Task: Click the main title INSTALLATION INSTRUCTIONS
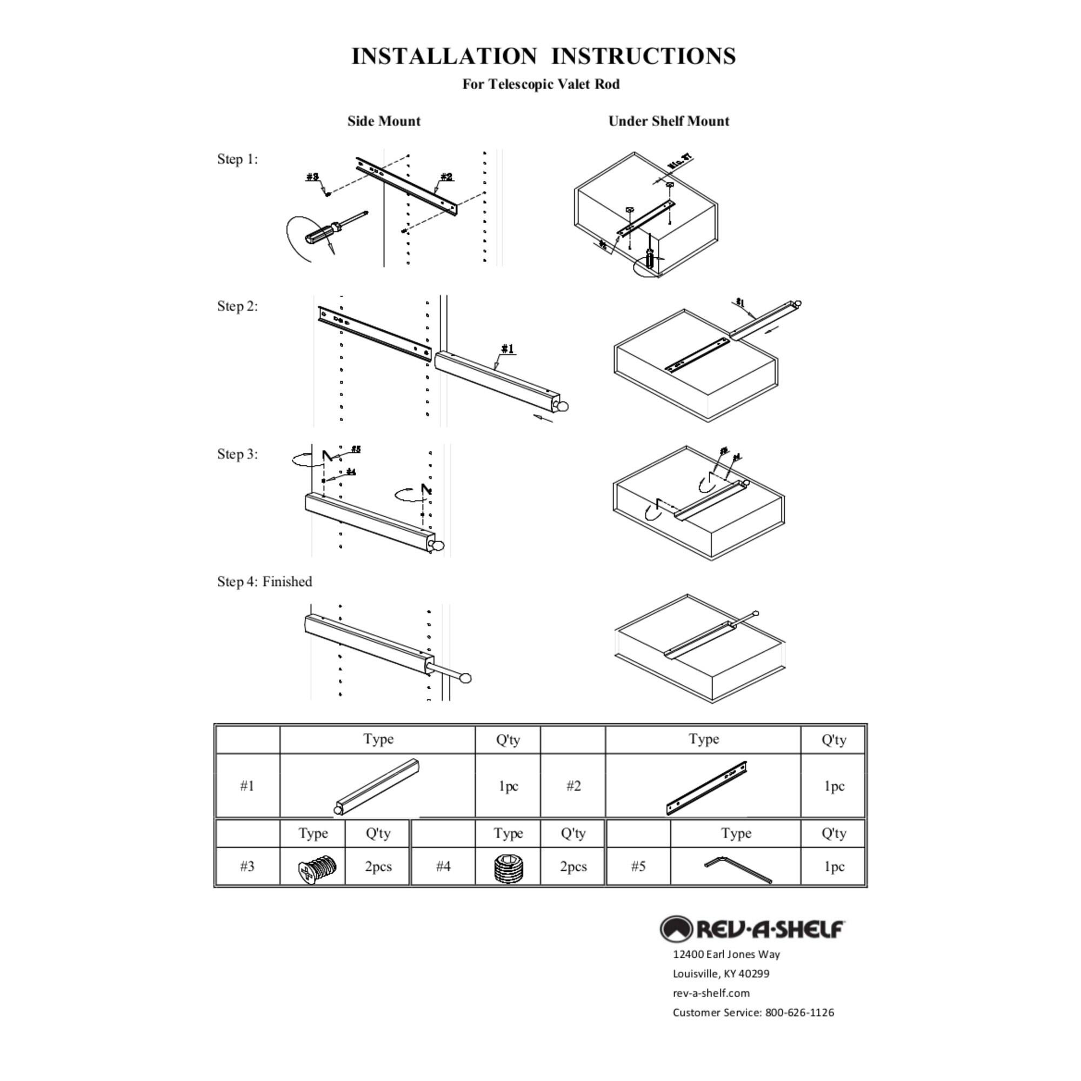pos(543,57)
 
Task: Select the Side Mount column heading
pos(383,122)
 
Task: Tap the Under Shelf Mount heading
pos(668,122)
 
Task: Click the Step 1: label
pos(237,159)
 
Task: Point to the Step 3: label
pos(237,454)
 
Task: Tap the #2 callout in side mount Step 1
pos(446,177)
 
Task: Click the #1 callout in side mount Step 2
pos(507,349)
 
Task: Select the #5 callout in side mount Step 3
pos(356,449)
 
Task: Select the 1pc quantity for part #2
pos(833,786)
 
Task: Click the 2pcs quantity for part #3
pos(378,867)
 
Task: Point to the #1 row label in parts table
pos(247,786)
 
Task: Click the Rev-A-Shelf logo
pos(751,929)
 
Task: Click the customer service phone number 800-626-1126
pos(799,1012)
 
